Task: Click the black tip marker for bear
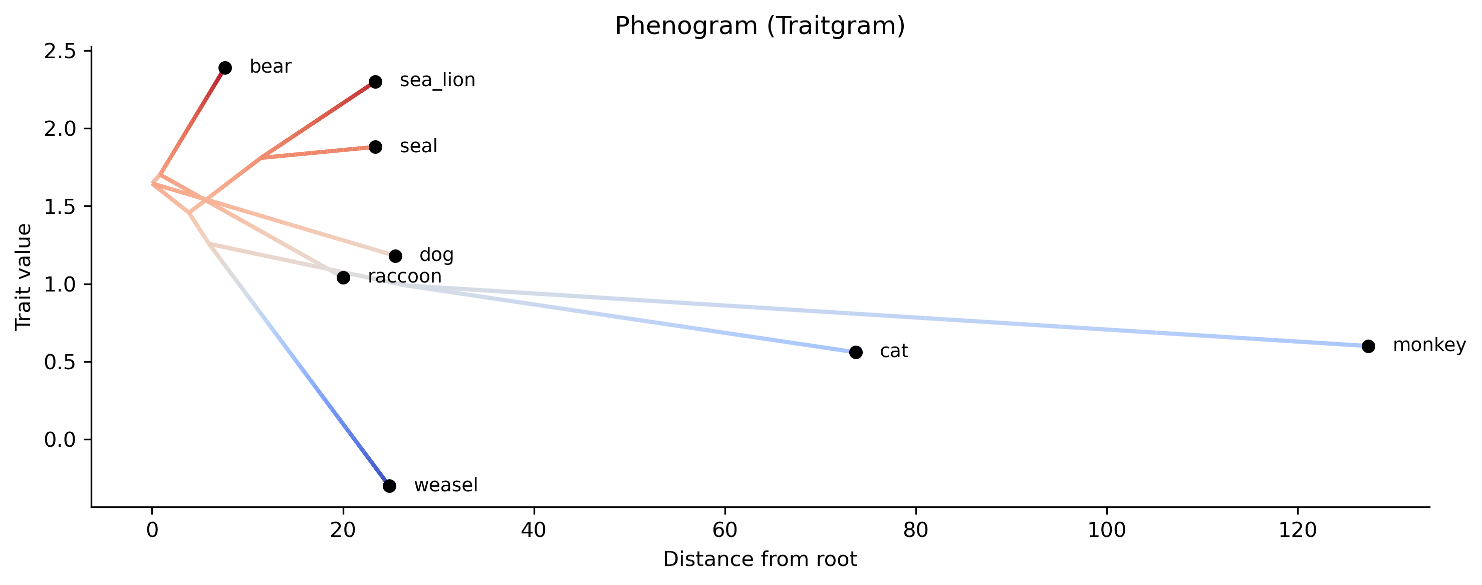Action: pos(225,68)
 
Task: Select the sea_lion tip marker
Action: pos(375,82)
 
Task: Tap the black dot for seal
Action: pos(375,147)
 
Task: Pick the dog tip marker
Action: pos(395,256)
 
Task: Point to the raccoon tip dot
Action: pos(344,278)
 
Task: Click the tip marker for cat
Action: pos(856,352)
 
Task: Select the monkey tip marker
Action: pos(1369,346)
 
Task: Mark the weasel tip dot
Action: pos(389,486)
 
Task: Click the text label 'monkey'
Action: pos(1429,345)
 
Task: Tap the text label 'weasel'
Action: pos(446,485)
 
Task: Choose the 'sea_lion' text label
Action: pos(437,81)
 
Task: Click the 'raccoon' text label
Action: pos(404,276)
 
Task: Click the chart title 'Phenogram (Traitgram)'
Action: pos(760,27)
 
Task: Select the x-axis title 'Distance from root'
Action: pos(760,559)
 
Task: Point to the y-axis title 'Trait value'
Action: pos(24,277)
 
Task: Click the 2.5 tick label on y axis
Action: pos(60,51)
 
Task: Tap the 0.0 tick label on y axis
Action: pos(60,440)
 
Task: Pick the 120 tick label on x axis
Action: pos(1297,530)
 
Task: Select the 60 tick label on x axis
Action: pos(724,530)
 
